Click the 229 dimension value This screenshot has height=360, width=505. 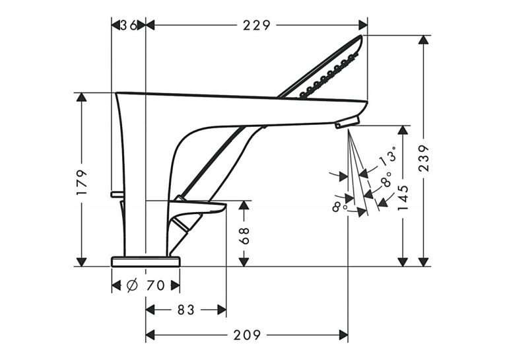(257, 25)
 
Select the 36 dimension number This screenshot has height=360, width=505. (129, 25)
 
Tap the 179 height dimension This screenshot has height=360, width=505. (83, 183)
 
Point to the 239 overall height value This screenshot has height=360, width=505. (424, 159)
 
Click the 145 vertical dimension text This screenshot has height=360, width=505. (403, 198)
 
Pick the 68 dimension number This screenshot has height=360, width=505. (244, 236)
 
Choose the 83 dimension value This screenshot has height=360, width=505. (186, 310)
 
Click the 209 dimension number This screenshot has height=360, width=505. (247, 335)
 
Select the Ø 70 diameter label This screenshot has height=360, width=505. (146, 285)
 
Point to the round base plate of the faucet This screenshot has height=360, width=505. (146, 262)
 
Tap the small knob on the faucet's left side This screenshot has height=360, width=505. (117, 194)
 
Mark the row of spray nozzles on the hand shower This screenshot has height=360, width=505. (329, 75)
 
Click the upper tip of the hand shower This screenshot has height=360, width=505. (361, 36)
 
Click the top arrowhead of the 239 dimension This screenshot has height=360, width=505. (424, 40)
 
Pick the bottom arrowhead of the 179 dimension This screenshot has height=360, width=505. (82, 262)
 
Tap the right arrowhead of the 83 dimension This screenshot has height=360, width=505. (222, 310)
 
